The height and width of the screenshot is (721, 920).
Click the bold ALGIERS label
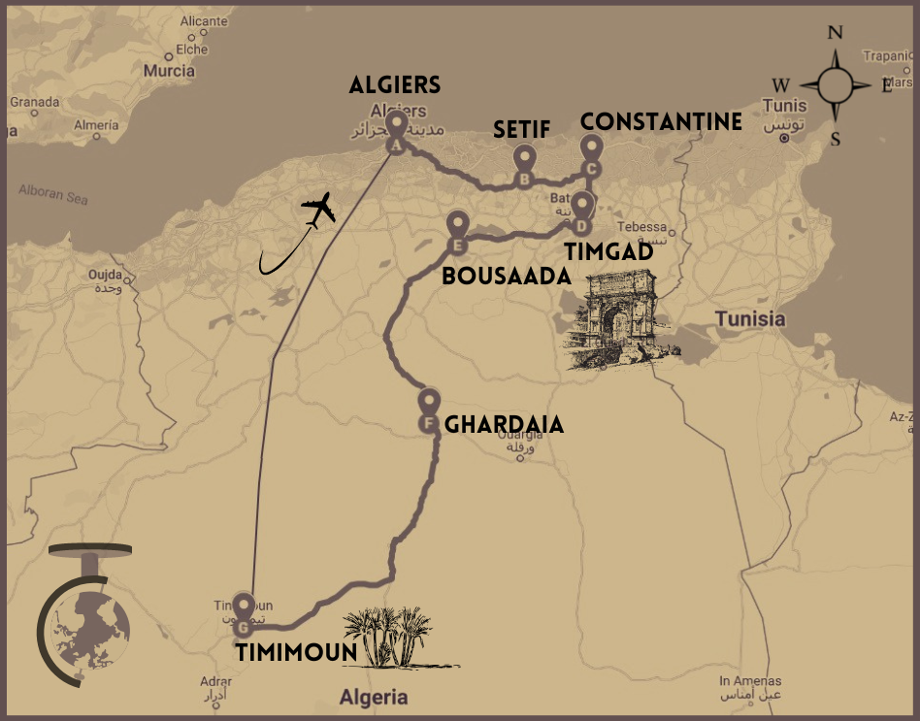[x=394, y=85]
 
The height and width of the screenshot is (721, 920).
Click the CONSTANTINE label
[x=661, y=121]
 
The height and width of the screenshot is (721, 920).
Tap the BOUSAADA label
[x=506, y=276]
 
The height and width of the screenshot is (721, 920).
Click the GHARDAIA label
[x=504, y=425]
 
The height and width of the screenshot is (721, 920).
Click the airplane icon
[x=317, y=210]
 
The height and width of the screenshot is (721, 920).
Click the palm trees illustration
[x=393, y=638]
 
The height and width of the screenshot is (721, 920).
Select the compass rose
[x=836, y=85]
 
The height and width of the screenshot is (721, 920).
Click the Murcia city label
[x=169, y=71]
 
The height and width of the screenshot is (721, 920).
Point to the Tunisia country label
[x=750, y=318]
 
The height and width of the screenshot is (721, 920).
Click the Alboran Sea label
[x=53, y=194]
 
